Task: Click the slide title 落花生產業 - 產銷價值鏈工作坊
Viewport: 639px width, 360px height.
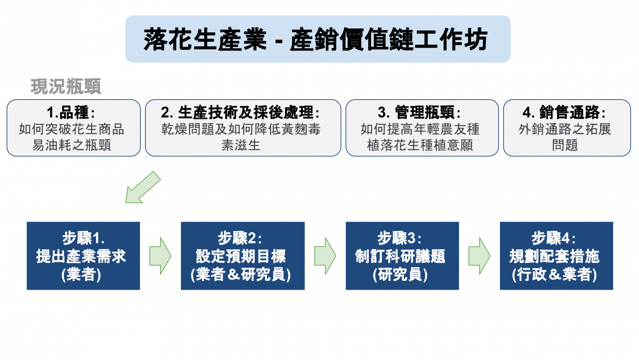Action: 316,40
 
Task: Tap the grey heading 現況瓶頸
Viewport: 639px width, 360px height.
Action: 66,86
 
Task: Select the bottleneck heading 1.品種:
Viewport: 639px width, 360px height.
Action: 71,112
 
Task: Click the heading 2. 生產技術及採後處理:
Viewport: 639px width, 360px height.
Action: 240,112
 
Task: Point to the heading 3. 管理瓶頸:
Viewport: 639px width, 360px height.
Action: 419,112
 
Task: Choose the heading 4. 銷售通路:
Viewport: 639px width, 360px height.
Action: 564,112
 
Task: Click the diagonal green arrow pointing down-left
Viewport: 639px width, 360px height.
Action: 143,187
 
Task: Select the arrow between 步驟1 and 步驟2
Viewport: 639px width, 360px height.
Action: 160,256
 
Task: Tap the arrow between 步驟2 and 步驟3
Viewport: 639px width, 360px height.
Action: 325,256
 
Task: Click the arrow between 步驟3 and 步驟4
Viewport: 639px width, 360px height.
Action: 480,256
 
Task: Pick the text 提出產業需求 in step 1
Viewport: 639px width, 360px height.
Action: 81,256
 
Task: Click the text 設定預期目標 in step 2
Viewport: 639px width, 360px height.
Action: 241,256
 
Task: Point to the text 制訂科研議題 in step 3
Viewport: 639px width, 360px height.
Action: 400,256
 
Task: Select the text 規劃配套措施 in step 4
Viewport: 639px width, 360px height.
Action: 554,256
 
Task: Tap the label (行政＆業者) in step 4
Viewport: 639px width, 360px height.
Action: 554,274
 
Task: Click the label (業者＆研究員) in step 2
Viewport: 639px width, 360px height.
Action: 241,274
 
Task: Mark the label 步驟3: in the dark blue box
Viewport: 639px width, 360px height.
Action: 399,238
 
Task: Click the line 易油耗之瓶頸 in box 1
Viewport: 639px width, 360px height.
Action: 71,145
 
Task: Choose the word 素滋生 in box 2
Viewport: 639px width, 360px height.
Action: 241,145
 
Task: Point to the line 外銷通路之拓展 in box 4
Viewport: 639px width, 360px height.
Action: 565,129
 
